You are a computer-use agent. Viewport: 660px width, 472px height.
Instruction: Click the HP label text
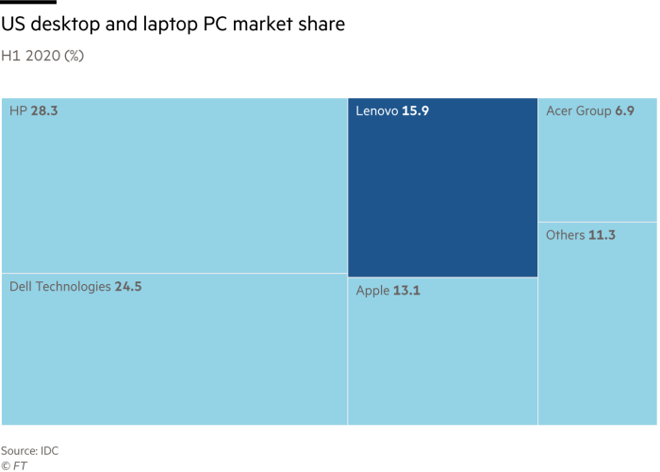pos(18,111)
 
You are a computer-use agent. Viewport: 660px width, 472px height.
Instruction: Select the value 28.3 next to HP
pos(44,111)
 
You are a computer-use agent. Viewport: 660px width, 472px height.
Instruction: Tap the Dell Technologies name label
pos(59,287)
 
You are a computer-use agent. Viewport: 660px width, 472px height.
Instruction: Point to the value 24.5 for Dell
pos(128,287)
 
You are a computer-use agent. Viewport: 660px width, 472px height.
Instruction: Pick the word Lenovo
pos(376,111)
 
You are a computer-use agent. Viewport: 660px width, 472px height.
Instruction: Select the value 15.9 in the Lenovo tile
pos(415,111)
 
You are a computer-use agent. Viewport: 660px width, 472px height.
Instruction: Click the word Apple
pos(372,291)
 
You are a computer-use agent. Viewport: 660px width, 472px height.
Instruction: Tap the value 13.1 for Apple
pos(407,291)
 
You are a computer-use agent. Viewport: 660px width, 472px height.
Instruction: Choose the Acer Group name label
pos(578,111)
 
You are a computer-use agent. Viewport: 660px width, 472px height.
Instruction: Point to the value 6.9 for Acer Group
pos(624,111)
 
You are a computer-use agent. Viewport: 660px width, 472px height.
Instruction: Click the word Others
pos(565,235)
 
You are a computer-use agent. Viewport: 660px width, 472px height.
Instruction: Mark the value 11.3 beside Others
pos(602,235)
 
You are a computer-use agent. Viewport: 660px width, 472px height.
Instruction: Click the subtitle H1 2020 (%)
pos(42,56)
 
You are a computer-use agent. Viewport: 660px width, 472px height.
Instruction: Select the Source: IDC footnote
pos(29,451)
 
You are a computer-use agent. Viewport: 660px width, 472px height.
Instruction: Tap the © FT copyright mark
pos(14,465)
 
